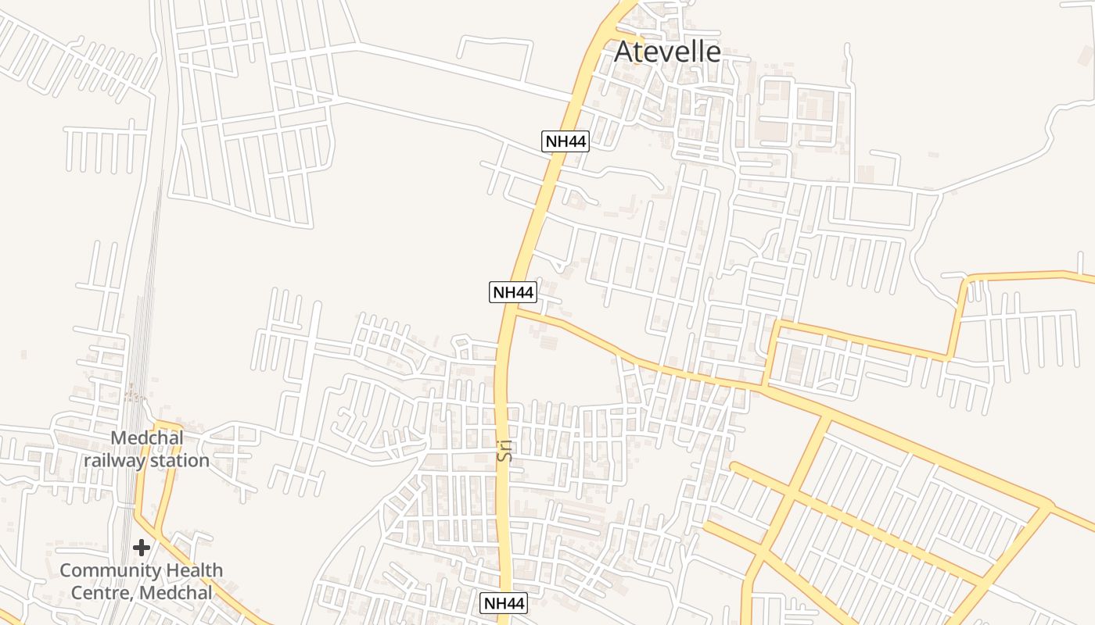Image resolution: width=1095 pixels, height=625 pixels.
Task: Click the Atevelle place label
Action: point(667,52)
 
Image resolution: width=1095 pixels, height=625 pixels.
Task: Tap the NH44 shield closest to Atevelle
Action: point(565,141)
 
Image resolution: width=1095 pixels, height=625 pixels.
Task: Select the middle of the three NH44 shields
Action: point(513,292)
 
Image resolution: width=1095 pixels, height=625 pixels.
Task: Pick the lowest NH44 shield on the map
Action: point(503,603)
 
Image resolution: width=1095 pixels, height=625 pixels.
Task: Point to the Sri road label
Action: point(504,449)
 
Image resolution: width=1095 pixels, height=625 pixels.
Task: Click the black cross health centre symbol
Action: point(141,548)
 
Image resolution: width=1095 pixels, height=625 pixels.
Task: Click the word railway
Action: point(113,461)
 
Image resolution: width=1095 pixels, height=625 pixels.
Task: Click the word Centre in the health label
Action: point(99,593)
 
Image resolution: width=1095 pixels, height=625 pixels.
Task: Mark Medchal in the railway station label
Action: point(147,438)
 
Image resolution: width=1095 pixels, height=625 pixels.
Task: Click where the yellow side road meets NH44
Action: point(517,312)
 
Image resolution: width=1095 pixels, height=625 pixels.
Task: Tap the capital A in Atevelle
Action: point(623,52)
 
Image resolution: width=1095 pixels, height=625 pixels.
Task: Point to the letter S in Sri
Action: point(504,457)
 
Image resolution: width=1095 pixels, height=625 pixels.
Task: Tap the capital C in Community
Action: point(66,571)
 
